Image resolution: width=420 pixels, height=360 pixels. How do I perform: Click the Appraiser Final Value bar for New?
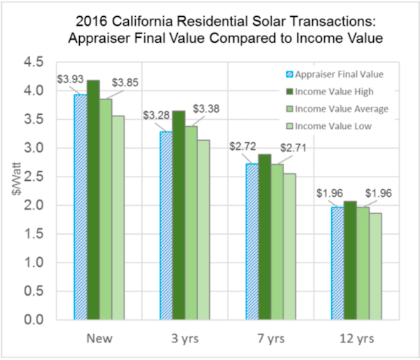80,207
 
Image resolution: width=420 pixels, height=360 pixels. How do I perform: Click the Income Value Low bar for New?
118,217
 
